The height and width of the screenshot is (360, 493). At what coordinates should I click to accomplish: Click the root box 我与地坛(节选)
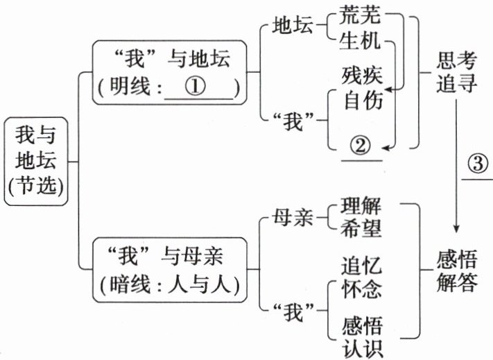pos(37,161)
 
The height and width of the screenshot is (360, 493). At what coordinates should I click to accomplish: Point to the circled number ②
pos(361,145)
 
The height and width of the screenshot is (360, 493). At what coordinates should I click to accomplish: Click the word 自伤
pos(362,101)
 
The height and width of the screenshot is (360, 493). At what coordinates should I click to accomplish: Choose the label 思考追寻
pos(457,73)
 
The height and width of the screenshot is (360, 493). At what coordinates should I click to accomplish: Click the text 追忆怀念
pos(362,276)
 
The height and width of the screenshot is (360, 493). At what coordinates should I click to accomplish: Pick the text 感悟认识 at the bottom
pos(362,335)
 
